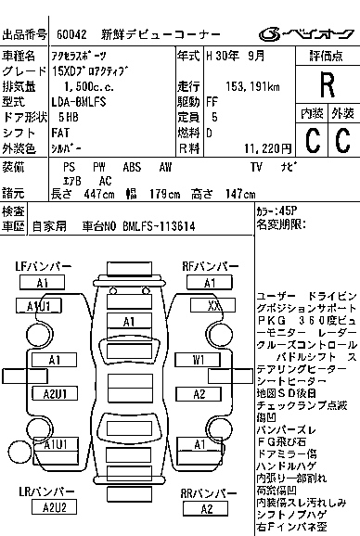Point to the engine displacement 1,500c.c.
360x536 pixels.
pos(86,86)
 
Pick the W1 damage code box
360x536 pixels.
pos(199,359)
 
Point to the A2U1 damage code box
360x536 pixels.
pos(54,394)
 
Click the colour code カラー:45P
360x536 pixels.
pos(278,210)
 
